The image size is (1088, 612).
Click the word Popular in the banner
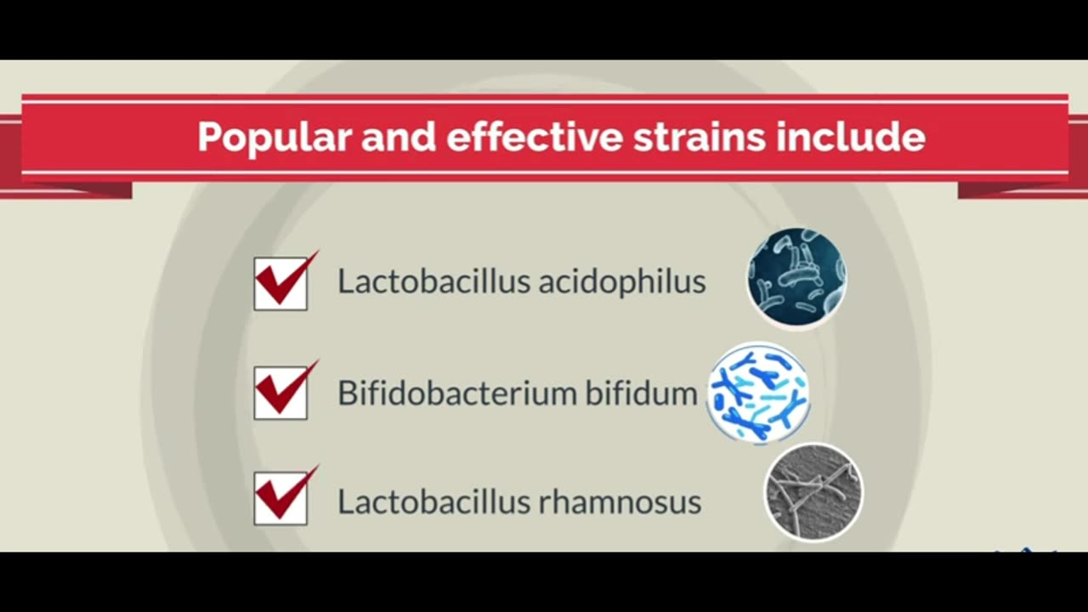tap(275, 138)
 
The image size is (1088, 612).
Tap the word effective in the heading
tap(535, 137)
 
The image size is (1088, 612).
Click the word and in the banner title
tap(399, 137)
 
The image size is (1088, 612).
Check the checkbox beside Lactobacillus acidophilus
tap(280, 284)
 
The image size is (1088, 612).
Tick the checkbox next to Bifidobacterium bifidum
tap(280, 393)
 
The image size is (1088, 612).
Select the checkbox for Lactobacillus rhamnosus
tap(280, 498)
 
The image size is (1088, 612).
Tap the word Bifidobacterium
tap(456, 393)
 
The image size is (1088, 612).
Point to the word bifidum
tap(641, 393)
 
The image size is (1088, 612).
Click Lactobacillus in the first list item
tap(433, 280)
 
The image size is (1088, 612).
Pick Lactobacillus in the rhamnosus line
tap(433, 501)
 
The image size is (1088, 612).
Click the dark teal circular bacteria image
tap(797, 278)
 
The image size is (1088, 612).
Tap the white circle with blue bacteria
tap(758, 394)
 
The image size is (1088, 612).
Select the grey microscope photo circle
tap(814, 492)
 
